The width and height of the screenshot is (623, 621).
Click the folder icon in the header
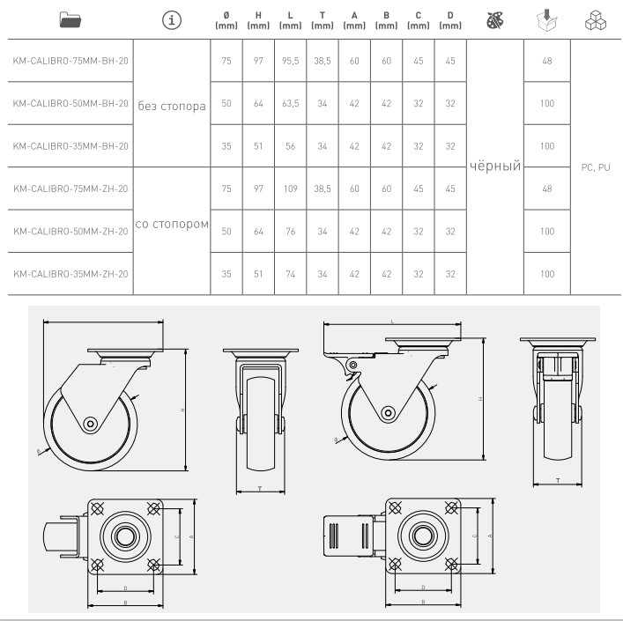tap(70, 20)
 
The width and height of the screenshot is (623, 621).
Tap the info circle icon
tap(172, 20)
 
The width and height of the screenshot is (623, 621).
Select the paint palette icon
tap(495, 20)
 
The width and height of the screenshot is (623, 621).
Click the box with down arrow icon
tap(546, 20)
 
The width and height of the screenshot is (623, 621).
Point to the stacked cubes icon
tap(595, 20)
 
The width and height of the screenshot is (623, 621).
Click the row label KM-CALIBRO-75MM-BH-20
tap(70, 61)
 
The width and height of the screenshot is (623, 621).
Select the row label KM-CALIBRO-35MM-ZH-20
tap(70, 274)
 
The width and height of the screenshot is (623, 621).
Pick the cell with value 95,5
tap(291, 61)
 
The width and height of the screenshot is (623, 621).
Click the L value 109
tap(291, 189)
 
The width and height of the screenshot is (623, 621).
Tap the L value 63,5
tap(291, 103)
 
